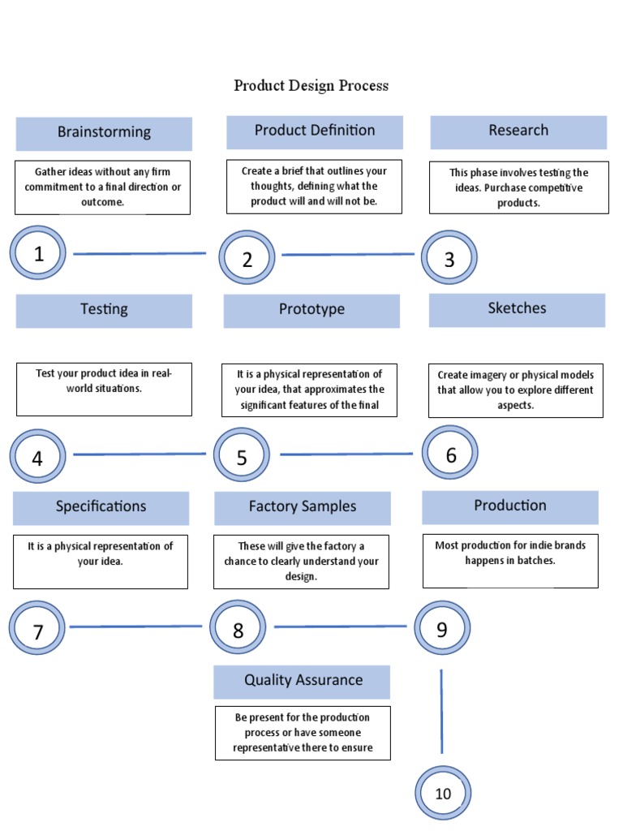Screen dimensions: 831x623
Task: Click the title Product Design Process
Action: pos(311,85)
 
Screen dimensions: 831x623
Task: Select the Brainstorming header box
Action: pos(104,133)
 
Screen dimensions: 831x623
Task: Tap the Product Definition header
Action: pos(315,131)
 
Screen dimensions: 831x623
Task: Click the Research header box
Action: pos(518,131)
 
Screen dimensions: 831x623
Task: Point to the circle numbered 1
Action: pos(38,254)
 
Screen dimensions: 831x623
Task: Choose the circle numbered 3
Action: pos(449,259)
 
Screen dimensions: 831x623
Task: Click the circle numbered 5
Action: pos(242,457)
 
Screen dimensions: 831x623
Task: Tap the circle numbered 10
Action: pos(443,794)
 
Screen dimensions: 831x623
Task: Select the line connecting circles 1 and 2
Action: pos(140,253)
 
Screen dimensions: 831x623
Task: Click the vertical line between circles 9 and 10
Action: pos(441,711)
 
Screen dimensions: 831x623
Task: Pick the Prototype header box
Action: pos(311,310)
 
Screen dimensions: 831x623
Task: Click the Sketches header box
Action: pos(517,309)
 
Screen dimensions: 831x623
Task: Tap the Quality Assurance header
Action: pos(303,681)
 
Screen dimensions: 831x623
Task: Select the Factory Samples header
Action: pos(303,507)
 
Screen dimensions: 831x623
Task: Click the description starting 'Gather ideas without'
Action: pos(102,187)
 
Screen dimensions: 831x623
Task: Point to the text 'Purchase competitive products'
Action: pos(519,196)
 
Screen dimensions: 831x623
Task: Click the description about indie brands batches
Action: pos(510,553)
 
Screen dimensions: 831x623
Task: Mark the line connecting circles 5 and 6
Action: pos(346,454)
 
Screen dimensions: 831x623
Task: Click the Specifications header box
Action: pos(101,507)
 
